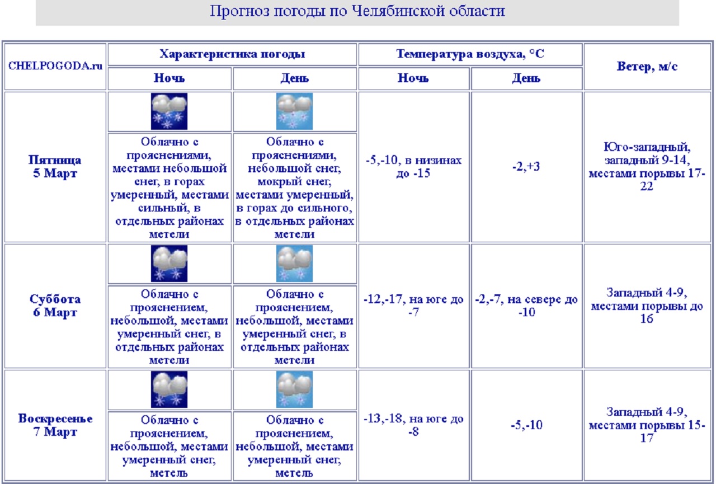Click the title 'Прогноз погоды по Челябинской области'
click(357, 12)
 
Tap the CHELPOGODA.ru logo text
click(55, 65)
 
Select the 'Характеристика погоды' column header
click(232, 54)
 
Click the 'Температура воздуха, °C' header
click(470, 54)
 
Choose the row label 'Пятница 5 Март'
click(55, 167)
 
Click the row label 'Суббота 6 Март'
click(55, 306)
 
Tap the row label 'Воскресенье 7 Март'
click(55, 425)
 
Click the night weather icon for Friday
click(169, 111)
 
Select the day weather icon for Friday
click(294, 111)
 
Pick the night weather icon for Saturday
click(169, 263)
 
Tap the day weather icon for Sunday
click(294, 389)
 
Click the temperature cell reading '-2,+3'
click(526, 167)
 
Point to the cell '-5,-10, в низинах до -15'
click(414, 167)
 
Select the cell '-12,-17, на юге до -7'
click(414, 306)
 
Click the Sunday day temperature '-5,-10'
click(526, 425)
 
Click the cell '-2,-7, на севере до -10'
click(526, 306)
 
